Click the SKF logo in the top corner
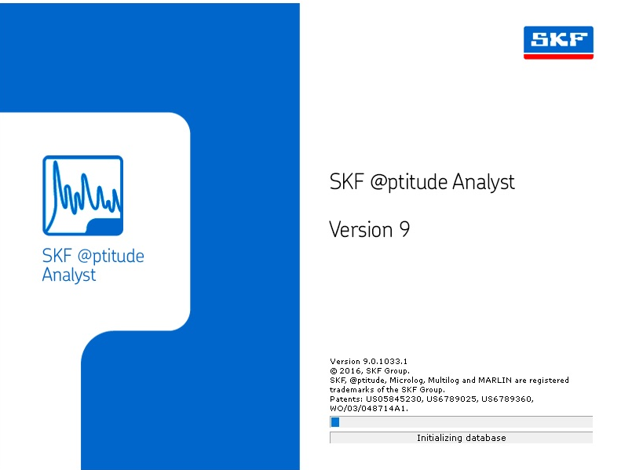(558, 42)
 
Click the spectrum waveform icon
(82, 195)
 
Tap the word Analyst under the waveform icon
(69, 275)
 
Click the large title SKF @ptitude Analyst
(422, 183)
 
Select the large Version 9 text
(369, 230)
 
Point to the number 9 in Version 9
(404, 230)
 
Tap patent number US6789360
(507, 399)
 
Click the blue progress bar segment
(335, 422)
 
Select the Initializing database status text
(461, 438)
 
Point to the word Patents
(346, 399)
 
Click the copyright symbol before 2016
(333, 371)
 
